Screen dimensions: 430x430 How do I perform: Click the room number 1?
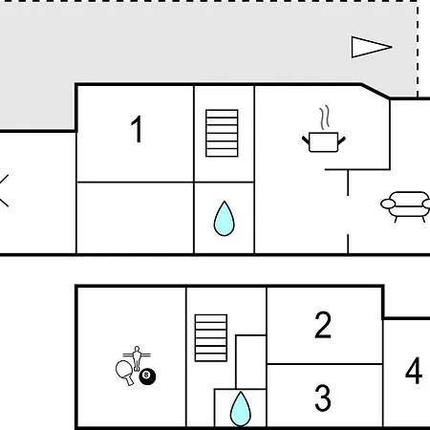(137, 129)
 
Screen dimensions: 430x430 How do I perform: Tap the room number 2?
(323, 325)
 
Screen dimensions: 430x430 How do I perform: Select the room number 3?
(323, 398)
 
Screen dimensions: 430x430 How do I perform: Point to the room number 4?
(414, 371)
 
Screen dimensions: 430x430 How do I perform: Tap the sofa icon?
(405, 206)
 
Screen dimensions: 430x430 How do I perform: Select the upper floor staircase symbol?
(222, 133)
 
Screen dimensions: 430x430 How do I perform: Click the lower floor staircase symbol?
(211, 338)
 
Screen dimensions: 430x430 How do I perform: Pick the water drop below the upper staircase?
(224, 219)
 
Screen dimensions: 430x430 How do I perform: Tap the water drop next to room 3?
(241, 409)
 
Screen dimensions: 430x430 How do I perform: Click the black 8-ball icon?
(147, 376)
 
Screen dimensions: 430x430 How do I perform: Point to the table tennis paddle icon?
(125, 373)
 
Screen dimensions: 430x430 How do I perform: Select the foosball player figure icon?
(137, 358)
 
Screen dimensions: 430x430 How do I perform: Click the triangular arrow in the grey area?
(372, 47)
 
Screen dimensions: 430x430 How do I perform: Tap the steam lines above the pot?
(325, 118)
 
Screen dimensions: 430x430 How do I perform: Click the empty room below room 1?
(135, 218)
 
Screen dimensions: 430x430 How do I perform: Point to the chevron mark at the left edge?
(4, 190)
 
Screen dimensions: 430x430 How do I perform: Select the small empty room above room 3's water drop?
(251, 362)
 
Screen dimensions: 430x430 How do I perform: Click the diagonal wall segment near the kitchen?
(376, 92)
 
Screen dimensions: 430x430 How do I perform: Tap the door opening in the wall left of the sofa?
(348, 215)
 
